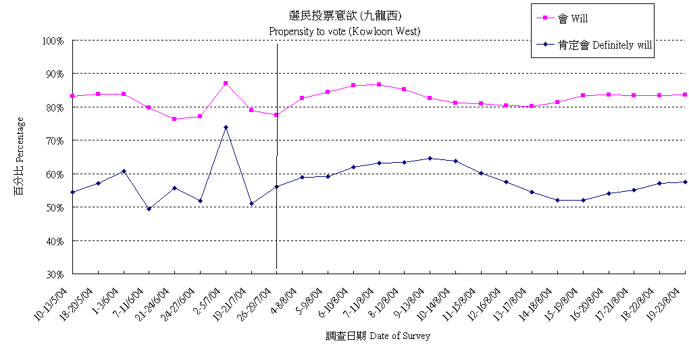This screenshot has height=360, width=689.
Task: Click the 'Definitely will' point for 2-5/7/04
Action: [x=226, y=127]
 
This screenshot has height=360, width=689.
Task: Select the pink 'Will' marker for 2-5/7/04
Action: [x=226, y=83]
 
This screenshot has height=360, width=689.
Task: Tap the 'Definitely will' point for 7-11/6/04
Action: [x=149, y=209]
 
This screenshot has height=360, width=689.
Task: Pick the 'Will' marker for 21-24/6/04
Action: [x=174, y=119]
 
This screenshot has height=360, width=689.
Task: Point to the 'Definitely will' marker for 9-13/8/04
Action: [x=430, y=158]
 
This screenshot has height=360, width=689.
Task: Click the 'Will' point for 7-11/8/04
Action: [x=379, y=84]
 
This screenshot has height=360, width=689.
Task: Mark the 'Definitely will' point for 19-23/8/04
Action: [x=685, y=182]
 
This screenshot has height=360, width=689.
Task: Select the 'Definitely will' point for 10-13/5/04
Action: [x=72, y=192]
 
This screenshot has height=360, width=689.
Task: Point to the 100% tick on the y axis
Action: [x=53, y=41]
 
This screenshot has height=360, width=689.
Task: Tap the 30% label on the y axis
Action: [x=55, y=274]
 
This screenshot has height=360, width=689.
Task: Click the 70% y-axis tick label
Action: [x=55, y=140]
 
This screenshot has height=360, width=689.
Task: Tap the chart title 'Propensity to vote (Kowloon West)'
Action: [x=344, y=31]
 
